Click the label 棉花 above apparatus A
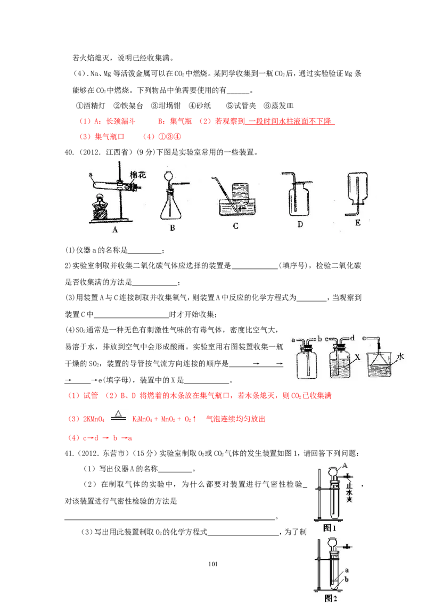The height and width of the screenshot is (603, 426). (x=140, y=175)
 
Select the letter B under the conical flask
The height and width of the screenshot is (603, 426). (x=172, y=227)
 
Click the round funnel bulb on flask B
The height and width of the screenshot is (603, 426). (x=170, y=174)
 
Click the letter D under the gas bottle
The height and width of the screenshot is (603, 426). (x=300, y=224)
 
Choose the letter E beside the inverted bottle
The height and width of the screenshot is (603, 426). (x=357, y=223)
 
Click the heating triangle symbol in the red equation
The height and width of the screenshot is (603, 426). (x=119, y=414)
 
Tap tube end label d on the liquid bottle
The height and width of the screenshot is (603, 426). (x=353, y=338)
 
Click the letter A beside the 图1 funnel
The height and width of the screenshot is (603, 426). (x=345, y=465)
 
